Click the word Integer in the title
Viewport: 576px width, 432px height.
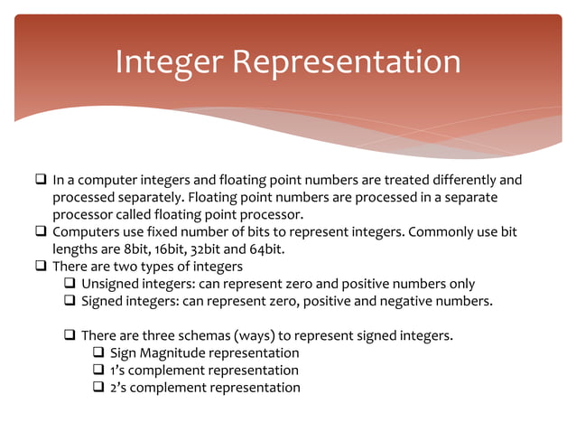tap(169, 62)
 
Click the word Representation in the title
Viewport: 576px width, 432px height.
tap(347, 62)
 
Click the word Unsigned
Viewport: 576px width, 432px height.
tap(110, 284)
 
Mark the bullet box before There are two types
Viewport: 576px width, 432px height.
tap(41, 267)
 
